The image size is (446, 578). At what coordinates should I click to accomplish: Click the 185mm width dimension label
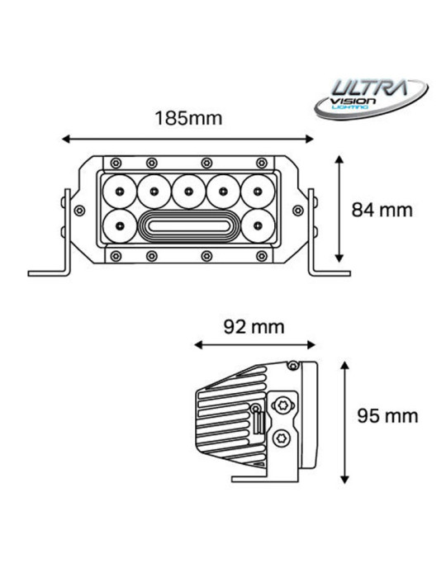tap(188, 117)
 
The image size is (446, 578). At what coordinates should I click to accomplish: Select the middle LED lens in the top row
tap(189, 192)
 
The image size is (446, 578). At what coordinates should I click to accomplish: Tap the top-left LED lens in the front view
tap(121, 192)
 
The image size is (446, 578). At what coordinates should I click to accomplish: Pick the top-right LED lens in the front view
tap(258, 192)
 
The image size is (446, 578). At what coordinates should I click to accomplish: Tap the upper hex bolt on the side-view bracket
tap(282, 405)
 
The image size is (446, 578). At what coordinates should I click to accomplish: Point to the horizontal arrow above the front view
tap(188, 138)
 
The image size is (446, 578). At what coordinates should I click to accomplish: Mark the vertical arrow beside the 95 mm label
tap(344, 421)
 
